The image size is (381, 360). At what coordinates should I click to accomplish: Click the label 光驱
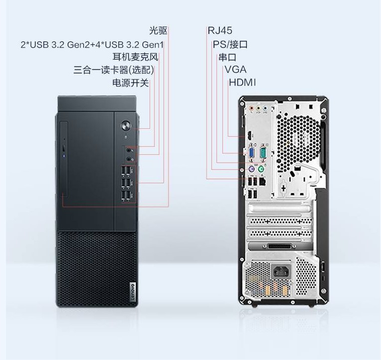pos(158,30)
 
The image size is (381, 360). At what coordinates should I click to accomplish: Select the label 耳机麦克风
pos(135,57)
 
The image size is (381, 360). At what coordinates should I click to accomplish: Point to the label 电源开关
pos(131,83)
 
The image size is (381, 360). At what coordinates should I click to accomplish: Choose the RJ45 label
pos(220,30)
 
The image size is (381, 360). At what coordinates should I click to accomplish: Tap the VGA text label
pos(235,69)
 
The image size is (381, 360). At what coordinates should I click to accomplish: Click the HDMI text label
pos(242,82)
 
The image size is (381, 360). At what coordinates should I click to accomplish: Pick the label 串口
pos(227,57)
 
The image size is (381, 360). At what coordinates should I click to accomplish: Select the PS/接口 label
pos(230,44)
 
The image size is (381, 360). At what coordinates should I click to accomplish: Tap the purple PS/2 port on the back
pos(251,169)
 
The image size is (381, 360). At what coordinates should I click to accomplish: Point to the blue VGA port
pos(251,153)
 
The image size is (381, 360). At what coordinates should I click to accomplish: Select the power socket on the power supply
pos(281,271)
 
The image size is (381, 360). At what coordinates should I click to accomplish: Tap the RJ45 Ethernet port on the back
pos(262,181)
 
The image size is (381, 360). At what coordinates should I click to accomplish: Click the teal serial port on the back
pos(263,153)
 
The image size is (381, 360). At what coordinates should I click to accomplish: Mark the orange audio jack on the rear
pos(252,108)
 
